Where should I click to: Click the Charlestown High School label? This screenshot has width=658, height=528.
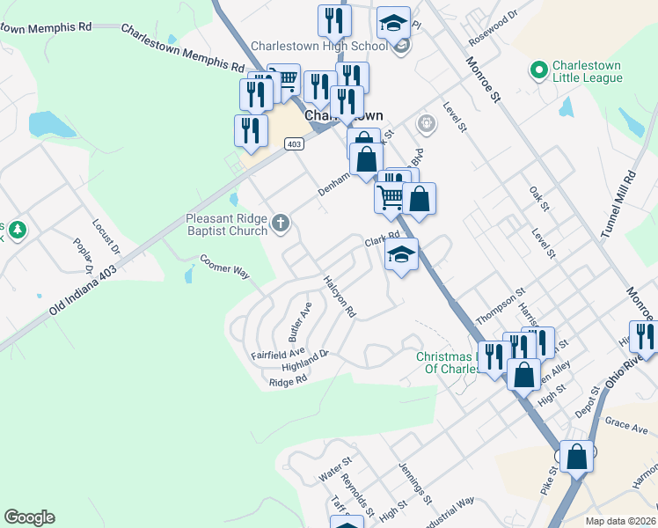(x=318, y=46)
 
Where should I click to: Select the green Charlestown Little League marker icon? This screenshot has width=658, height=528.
(x=538, y=68)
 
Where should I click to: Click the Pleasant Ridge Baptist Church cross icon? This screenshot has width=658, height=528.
(x=281, y=222)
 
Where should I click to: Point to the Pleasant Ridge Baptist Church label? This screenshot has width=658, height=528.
(x=226, y=224)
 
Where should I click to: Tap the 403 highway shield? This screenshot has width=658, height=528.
(x=294, y=143)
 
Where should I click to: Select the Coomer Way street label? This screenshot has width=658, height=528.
(x=225, y=266)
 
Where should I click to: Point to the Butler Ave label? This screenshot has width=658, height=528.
(x=300, y=324)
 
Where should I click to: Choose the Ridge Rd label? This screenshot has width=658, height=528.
(x=288, y=381)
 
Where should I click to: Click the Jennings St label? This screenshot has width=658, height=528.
(x=415, y=483)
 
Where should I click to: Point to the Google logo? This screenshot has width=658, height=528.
(x=29, y=517)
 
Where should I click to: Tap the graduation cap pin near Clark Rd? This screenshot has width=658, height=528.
(x=401, y=256)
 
